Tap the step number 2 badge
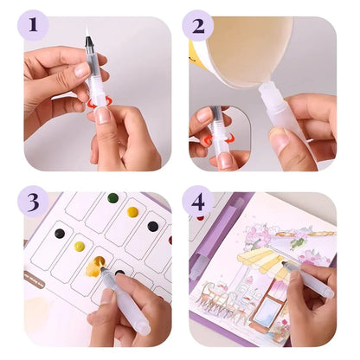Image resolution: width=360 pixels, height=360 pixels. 197,24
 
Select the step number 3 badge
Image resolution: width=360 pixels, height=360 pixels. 32,203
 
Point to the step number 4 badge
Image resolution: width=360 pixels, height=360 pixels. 197,204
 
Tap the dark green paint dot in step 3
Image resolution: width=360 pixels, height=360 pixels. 112,198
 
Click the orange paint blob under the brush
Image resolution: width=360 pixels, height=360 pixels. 94,265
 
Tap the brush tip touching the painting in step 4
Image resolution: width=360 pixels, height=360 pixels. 283,265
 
